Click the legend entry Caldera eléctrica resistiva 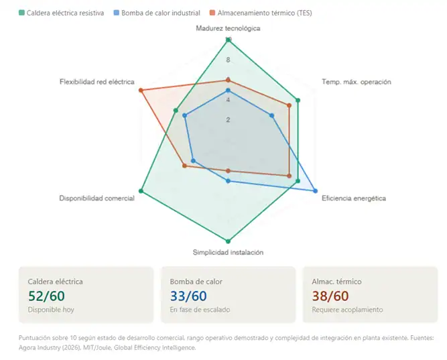tap(61, 13)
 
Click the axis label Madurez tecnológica tap(228, 28)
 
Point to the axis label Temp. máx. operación tap(356, 82)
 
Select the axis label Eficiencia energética tap(354, 198)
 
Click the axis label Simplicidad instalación tap(228, 252)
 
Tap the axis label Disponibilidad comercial tap(97, 198)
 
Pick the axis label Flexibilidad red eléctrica tap(97, 82)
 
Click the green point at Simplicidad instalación tap(229, 241)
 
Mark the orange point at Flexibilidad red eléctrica tap(141, 91)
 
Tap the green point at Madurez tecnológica tap(229, 40)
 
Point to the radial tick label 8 tap(228, 60)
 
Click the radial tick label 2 tap(228, 120)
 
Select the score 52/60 tap(46, 296)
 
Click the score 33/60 tap(188, 296)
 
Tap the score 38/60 tap(330, 296)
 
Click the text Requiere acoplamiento tap(347, 310)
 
